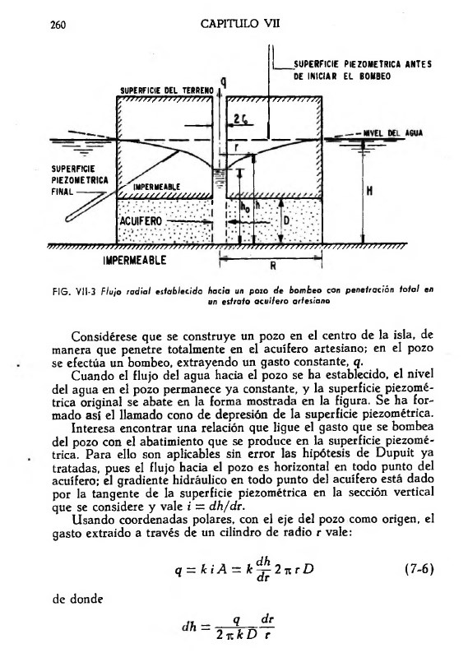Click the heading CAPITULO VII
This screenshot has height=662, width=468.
point(240,24)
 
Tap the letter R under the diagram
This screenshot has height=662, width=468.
point(272,265)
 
